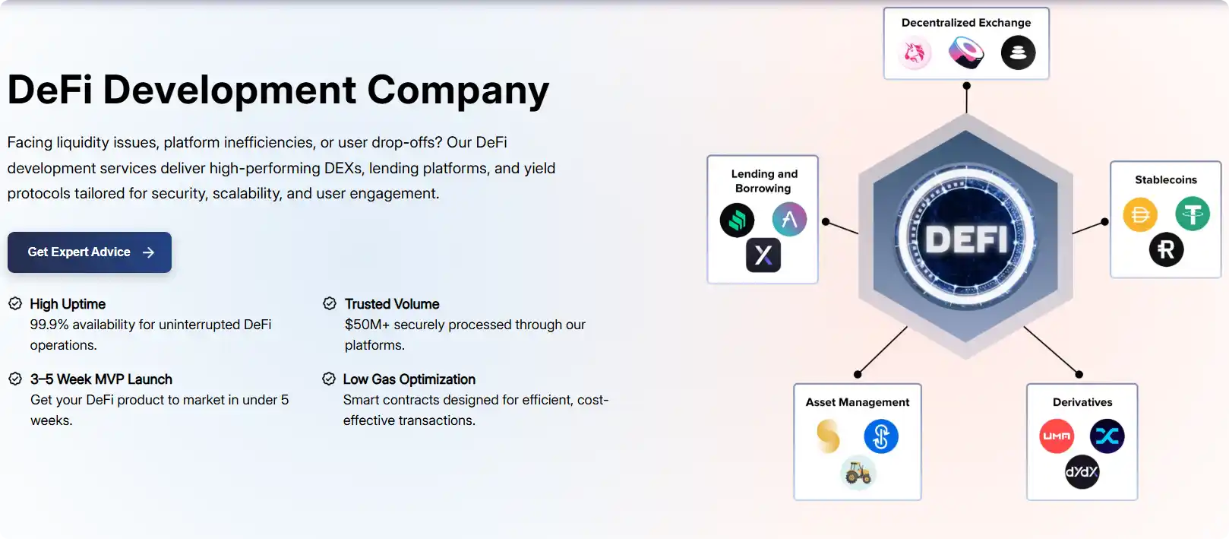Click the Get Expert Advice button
pyautogui.click(x=90, y=252)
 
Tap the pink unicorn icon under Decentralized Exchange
pyautogui.click(x=915, y=53)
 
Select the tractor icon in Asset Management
pyautogui.click(x=858, y=473)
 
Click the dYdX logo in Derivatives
pyautogui.click(x=1082, y=472)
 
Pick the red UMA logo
pyautogui.click(x=1057, y=436)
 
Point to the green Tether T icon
pyautogui.click(x=1193, y=214)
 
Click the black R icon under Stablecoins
pyautogui.click(x=1166, y=249)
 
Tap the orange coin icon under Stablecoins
pyautogui.click(x=1140, y=215)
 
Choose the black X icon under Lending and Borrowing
pyautogui.click(x=763, y=255)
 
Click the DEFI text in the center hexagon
pyautogui.click(x=966, y=240)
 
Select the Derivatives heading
pyautogui.click(x=1082, y=402)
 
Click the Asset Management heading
pyautogui.click(x=858, y=402)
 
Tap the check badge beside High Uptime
pyautogui.click(x=15, y=304)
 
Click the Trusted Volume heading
pyautogui.click(x=392, y=304)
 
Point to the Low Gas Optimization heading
pyautogui.click(x=409, y=379)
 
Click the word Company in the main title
pyautogui.click(x=458, y=90)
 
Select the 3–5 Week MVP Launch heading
pyautogui.click(x=101, y=379)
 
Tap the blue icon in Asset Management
pyautogui.click(x=881, y=436)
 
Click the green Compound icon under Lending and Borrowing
pyautogui.click(x=737, y=220)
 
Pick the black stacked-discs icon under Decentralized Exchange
pyautogui.click(x=1018, y=53)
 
